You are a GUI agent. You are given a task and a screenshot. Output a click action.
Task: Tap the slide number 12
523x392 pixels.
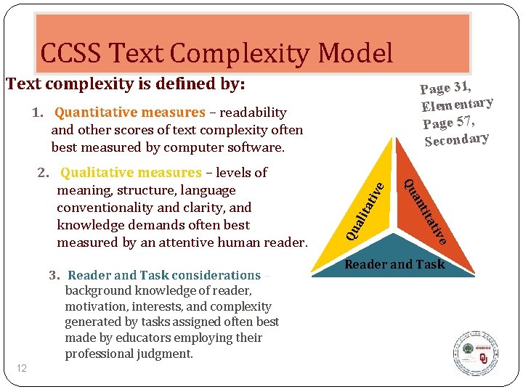[22, 369]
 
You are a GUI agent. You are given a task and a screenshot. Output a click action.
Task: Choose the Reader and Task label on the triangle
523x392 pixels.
[394, 264]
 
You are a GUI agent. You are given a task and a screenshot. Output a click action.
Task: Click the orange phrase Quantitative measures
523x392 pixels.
[130, 113]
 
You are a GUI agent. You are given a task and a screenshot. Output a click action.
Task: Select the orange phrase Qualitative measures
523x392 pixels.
[131, 173]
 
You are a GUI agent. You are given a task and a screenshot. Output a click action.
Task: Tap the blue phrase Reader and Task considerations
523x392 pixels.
[164, 275]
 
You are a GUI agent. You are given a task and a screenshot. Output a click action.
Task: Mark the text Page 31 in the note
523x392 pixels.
[443, 88]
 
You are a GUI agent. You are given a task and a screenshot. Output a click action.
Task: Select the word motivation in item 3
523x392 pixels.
[99, 307]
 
